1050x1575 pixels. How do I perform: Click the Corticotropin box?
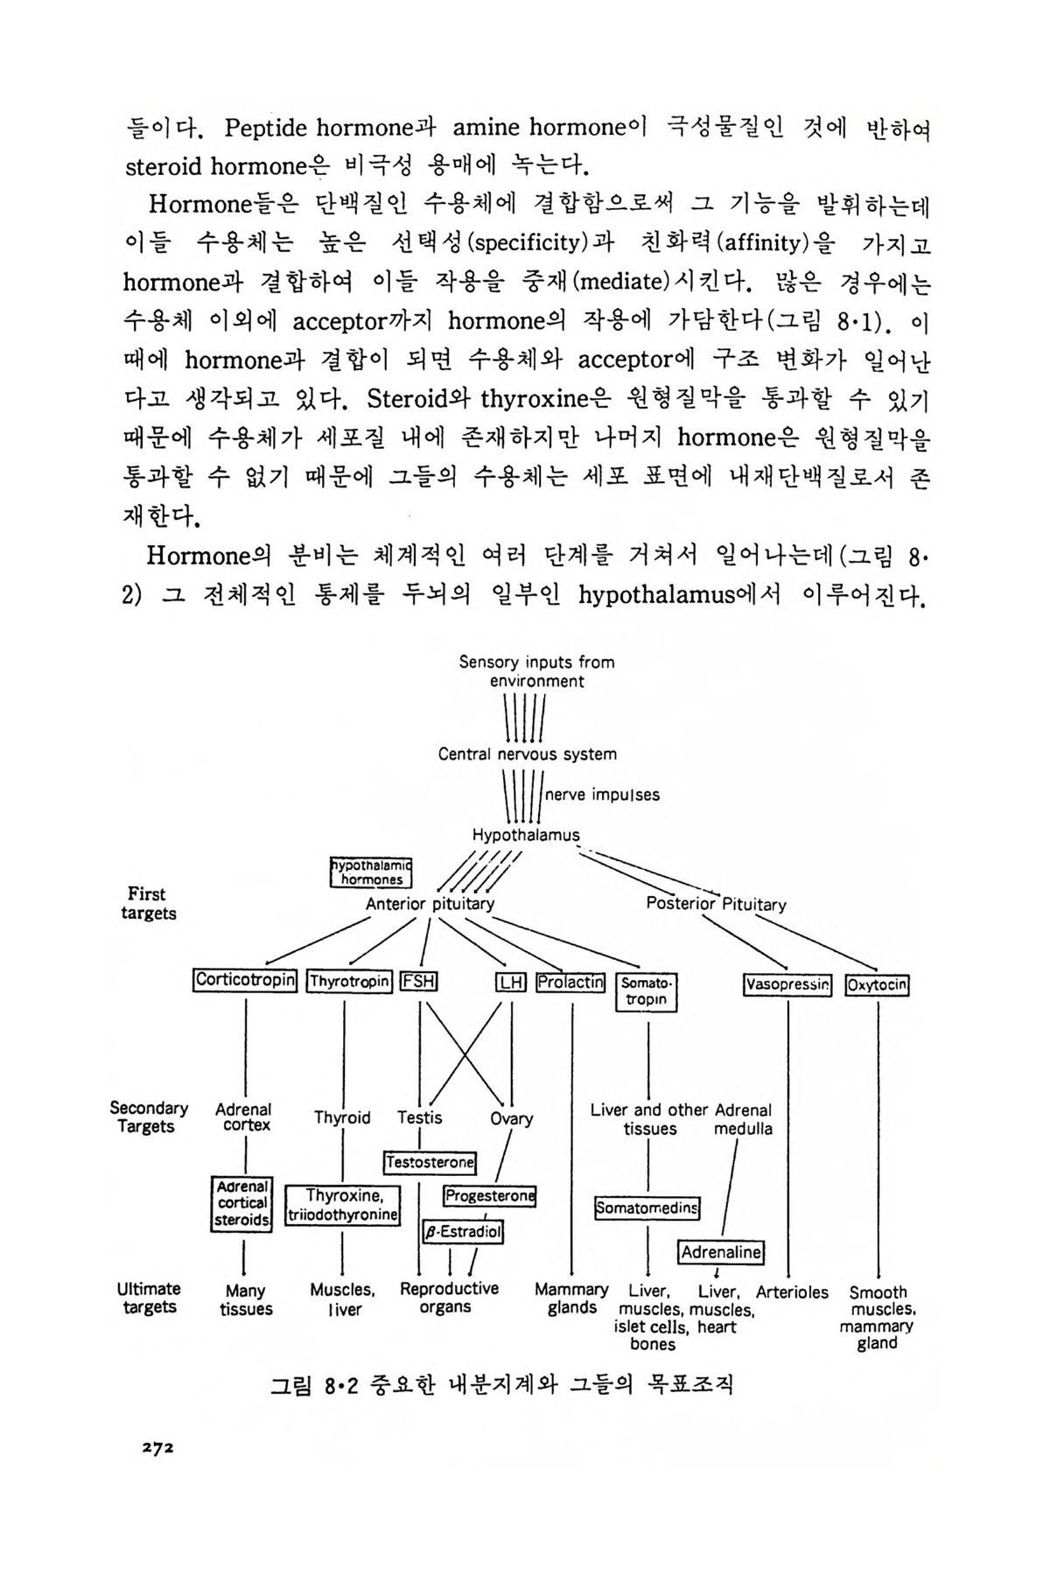[x=245, y=980]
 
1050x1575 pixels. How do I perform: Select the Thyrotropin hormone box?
[x=349, y=982]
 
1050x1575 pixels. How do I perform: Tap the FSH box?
[x=418, y=982]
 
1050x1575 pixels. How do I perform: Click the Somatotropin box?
[x=647, y=991]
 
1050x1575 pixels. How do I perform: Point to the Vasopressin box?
[x=787, y=985]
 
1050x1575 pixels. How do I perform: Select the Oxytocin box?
[x=877, y=985]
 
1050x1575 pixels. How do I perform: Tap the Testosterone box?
[x=430, y=1163]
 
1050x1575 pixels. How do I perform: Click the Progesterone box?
[x=489, y=1196]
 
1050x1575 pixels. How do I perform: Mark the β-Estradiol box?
[x=463, y=1232]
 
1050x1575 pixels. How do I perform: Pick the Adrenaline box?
[x=721, y=1252]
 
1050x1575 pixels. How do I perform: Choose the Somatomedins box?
[x=647, y=1208]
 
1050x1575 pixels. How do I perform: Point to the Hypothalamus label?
[x=526, y=836]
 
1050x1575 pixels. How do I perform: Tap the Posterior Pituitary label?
[x=716, y=904]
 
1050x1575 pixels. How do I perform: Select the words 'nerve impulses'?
[x=602, y=795]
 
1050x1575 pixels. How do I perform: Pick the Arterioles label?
[x=792, y=1292]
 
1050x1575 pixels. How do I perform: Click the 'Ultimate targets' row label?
[x=150, y=1298]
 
